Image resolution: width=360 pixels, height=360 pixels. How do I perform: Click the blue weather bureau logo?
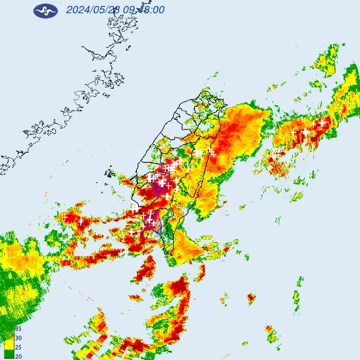(x=45, y=11)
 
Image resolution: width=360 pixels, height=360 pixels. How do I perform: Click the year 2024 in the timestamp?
(x=78, y=10)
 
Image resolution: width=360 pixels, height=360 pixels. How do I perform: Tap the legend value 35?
(x=18, y=328)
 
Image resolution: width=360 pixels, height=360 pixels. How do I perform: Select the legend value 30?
(x=18, y=338)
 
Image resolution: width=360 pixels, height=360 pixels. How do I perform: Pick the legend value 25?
(x=18, y=347)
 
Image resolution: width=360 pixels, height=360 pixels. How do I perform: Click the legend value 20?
(x=18, y=356)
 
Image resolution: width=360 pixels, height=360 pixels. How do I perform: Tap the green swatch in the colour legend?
(x=9, y=355)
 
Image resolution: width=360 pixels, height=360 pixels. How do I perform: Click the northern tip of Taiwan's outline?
(x=209, y=94)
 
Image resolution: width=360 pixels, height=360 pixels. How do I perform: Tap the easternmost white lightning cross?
(x=321, y=122)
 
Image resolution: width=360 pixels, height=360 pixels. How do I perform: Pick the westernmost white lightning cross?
(x=65, y=218)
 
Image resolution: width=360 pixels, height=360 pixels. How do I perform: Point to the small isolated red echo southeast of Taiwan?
(x=251, y=299)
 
